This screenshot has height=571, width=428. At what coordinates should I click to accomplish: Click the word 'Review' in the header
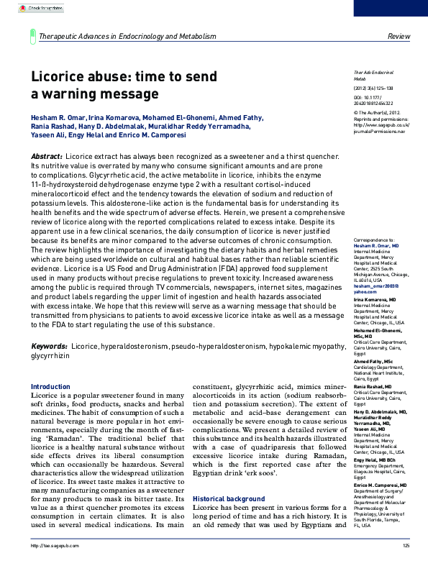pos(399,36)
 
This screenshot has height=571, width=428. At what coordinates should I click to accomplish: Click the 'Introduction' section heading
pos(50,387)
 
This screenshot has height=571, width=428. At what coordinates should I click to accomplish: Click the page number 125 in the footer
pos(406,566)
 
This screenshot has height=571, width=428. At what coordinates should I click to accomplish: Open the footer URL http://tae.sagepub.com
pos(47,566)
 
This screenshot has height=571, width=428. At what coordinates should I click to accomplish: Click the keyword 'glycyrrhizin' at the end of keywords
pos(50,355)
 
